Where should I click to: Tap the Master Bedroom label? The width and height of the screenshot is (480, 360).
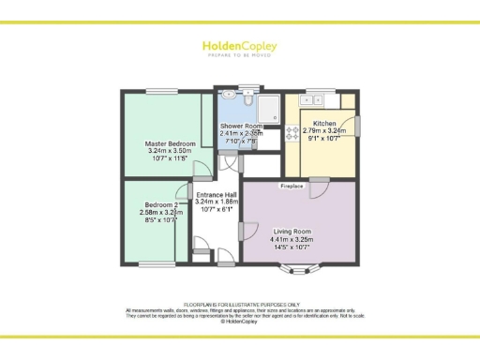(x=162, y=142)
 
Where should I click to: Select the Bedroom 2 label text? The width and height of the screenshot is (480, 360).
(x=161, y=204)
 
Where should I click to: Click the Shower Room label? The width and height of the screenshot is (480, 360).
(x=241, y=126)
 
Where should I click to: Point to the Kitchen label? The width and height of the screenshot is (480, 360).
(x=324, y=124)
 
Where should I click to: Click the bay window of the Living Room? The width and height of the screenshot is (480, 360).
(x=298, y=272)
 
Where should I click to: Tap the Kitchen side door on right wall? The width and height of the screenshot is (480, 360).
(x=358, y=126)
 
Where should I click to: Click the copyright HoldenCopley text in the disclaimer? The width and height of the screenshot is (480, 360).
(x=240, y=322)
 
